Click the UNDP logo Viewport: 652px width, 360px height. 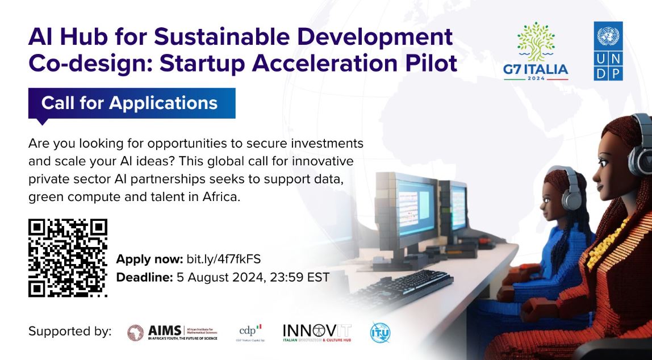coord(608,51)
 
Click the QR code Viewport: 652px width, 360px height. coord(68,258)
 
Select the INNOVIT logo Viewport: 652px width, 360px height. coord(317,332)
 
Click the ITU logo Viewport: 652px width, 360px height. coord(380,332)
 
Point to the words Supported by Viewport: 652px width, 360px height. coord(70,332)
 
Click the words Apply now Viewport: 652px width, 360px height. coord(149,259)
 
